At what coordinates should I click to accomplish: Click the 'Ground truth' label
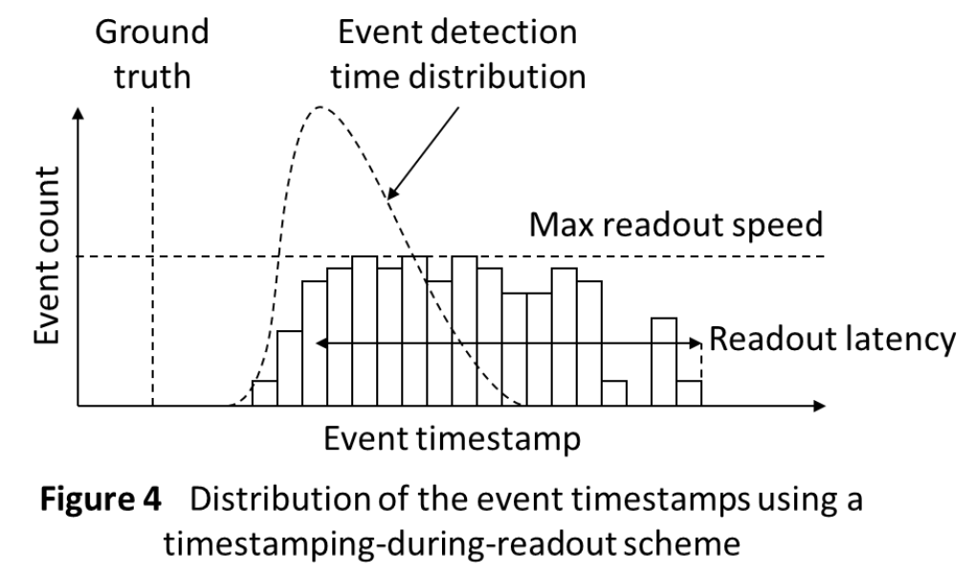[152, 55]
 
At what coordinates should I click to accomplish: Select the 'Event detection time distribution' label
[457, 55]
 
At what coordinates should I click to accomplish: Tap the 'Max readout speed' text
[676, 225]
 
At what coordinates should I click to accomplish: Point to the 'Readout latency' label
[832, 340]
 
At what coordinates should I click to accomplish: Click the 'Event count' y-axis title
[47, 255]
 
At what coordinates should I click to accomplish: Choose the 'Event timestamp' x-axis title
[452, 439]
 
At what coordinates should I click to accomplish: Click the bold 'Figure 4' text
[100, 498]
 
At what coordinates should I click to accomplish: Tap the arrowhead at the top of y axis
[78, 113]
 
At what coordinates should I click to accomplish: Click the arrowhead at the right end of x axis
[820, 406]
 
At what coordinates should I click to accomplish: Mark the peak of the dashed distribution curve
[321, 107]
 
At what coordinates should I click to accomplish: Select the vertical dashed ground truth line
[152, 255]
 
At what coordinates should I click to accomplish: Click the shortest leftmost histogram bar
[265, 393]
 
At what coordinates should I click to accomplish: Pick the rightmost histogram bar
[689, 393]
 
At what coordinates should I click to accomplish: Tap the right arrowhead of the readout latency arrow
[696, 343]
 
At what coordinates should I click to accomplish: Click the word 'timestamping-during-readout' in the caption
[389, 544]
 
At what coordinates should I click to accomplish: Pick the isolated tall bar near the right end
[664, 362]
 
